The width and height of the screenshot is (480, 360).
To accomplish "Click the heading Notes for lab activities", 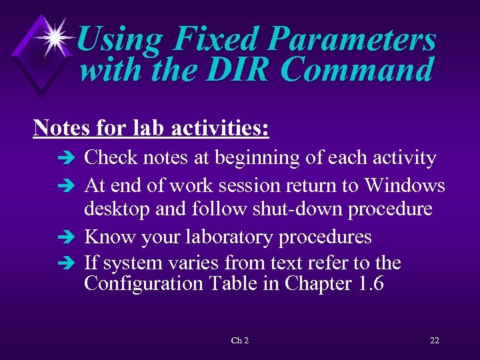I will pyautogui.click(x=151, y=127).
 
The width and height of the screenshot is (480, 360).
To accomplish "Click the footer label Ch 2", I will pyautogui.click(x=239, y=341).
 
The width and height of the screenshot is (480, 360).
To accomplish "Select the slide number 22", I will pyautogui.click(x=434, y=341).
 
